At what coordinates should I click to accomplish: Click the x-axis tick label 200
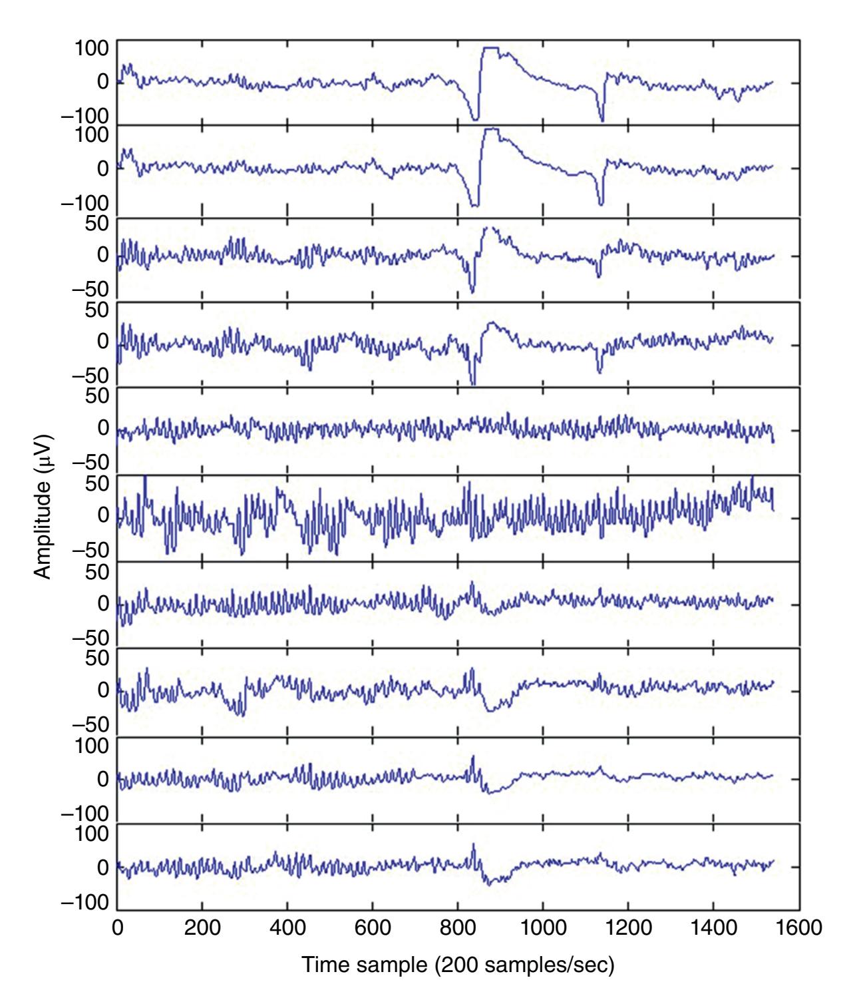tap(202, 927)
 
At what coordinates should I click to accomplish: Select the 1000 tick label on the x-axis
tap(542, 927)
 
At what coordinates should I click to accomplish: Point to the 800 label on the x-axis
tap(457, 927)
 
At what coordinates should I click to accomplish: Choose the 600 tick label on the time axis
tap(372, 927)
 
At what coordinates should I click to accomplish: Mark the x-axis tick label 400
tap(287, 927)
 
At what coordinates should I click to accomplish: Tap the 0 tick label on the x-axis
tap(117, 927)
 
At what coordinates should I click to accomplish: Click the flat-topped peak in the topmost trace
tap(491, 48)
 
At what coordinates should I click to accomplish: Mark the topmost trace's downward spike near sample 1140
tap(601, 121)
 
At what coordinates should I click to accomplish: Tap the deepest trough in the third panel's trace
tap(472, 292)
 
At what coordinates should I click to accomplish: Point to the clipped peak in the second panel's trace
tap(492, 129)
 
